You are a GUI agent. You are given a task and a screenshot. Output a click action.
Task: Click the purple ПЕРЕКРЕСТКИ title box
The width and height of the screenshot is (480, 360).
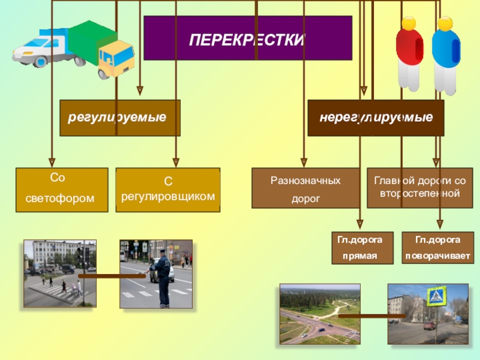click(x=247, y=38)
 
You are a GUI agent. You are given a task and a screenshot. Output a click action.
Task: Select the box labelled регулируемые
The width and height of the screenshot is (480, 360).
click(x=120, y=118)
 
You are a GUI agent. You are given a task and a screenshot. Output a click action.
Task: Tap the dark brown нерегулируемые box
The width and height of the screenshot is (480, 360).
click(x=376, y=118)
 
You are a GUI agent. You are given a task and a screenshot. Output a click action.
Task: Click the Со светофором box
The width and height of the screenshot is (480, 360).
click(x=62, y=190)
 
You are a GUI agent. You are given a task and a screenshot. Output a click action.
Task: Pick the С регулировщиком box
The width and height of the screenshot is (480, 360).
click(x=167, y=190)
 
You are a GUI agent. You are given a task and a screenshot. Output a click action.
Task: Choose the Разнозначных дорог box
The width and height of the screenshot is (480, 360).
click(x=305, y=188)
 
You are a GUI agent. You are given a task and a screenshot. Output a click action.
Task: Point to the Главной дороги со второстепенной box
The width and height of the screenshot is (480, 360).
click(x=419, y=187)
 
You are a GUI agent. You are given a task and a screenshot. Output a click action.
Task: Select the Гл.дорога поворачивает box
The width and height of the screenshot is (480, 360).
click(x=437, y=248)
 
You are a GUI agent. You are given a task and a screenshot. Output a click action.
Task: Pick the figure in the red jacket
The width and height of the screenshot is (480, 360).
click(x=409, y=54)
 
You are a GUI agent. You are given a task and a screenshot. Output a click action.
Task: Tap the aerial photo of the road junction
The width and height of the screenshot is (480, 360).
click(x=319, y=314)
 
